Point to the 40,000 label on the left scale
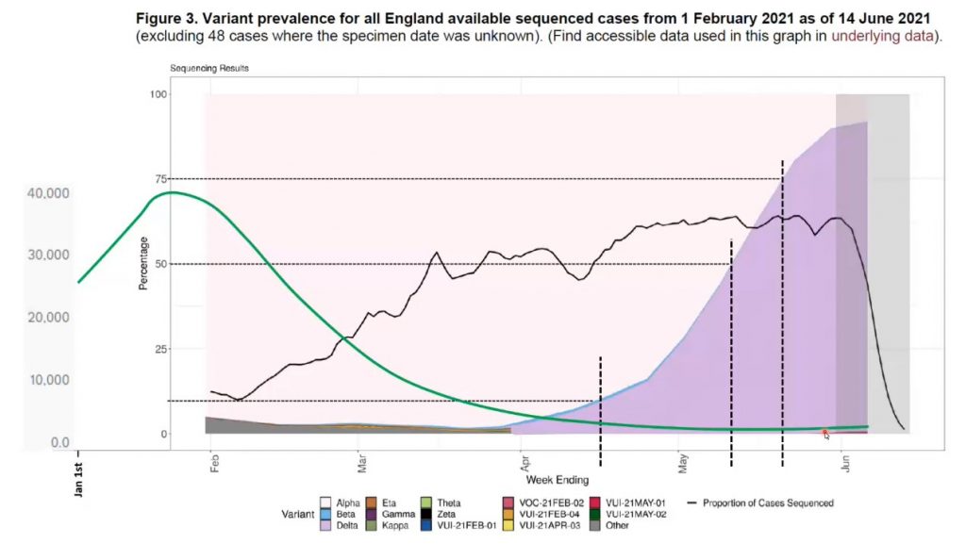pyautogui.click(x=47, y=193)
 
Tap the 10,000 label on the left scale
pyautogui.click(x=47, y=380)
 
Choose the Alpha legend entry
pyautogui.click(x=346, y=503)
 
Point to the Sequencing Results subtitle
pyautogui.click(x=209, y=69)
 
